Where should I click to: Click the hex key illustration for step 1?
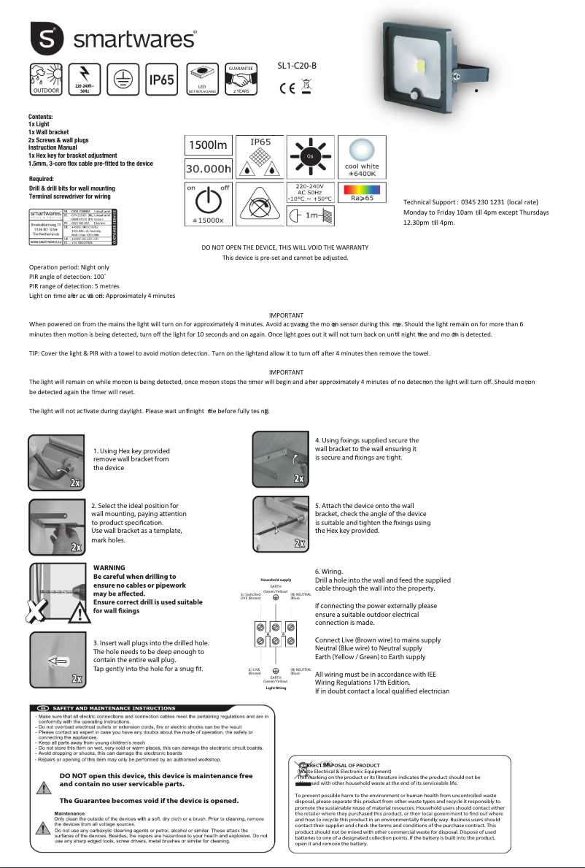point(56,462)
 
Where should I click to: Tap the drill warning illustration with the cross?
point(56,591)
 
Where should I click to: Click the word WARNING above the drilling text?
point(109,567)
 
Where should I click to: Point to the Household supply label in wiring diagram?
point(276,580)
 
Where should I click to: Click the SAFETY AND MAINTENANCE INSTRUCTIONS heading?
point(112,708)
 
